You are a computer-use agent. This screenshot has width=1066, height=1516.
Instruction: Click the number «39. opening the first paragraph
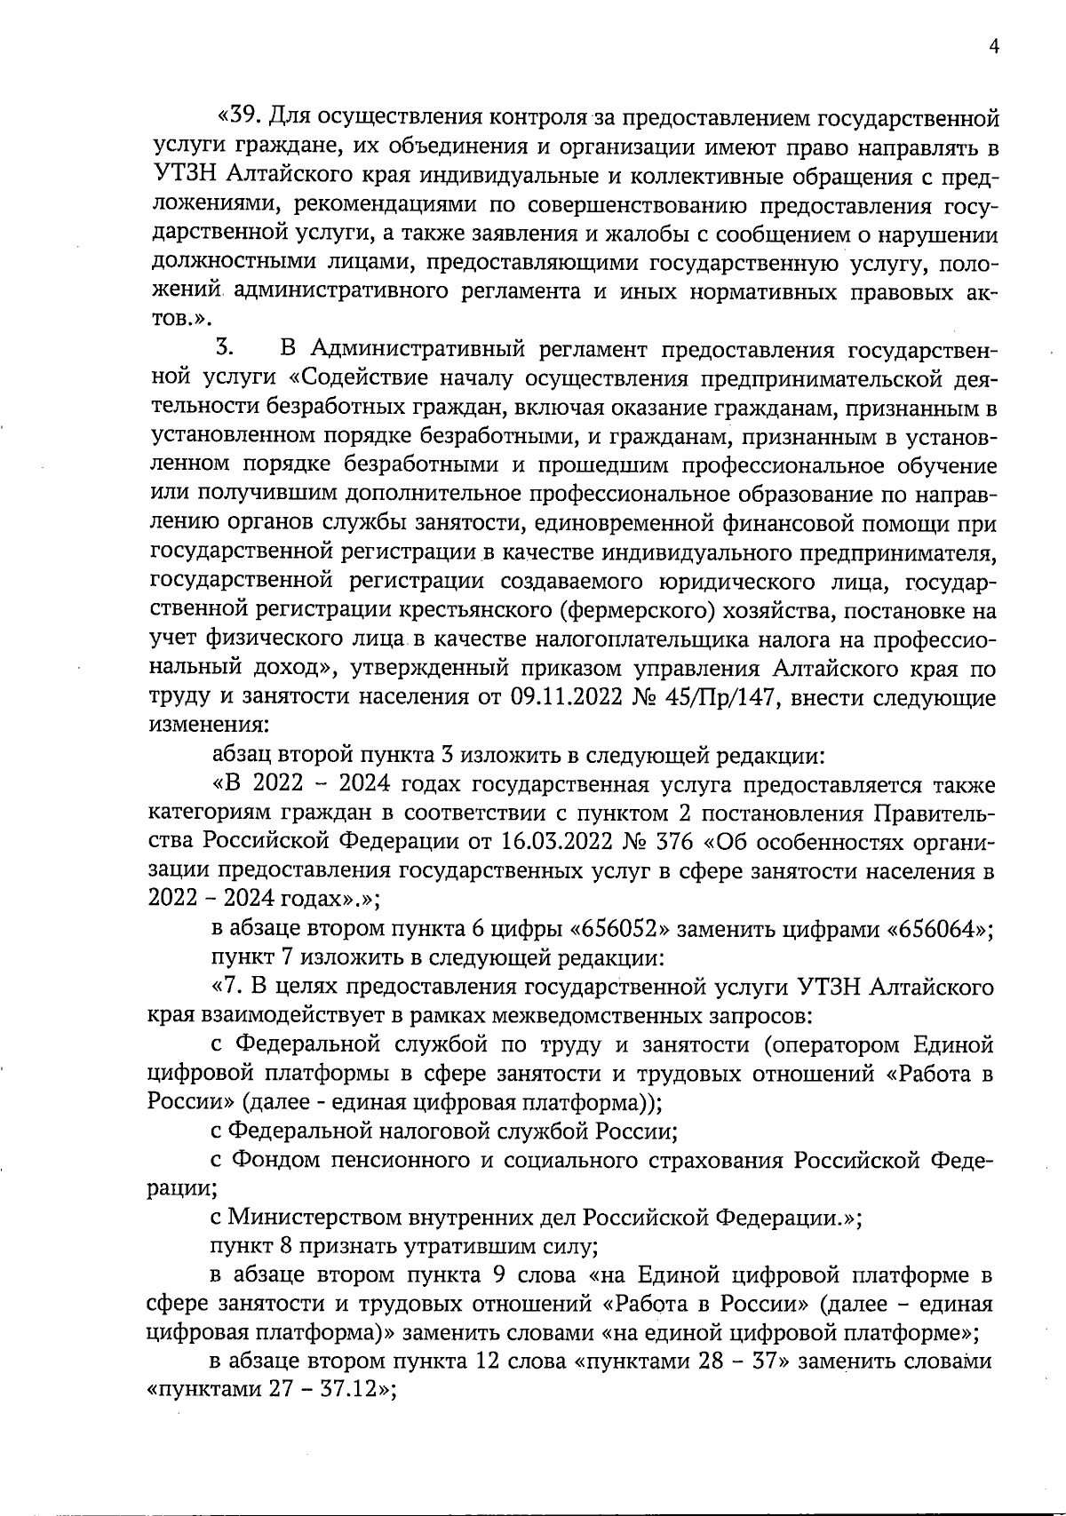tap(239, 116)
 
